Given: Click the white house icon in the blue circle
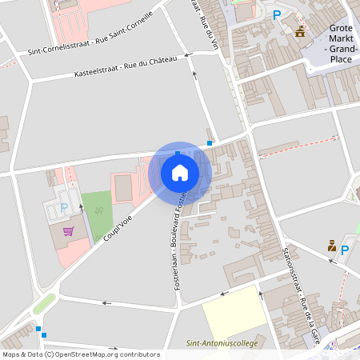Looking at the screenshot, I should coord(180,172).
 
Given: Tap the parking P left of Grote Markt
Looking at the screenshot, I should coord(277,14).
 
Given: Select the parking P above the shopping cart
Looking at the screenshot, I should coord(64,208).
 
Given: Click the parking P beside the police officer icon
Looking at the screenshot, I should coord(345,250).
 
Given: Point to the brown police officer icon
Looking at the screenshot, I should coord(331,246).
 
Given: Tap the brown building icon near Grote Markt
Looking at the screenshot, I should coord(300,31).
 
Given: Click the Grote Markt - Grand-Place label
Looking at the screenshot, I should coord(341,43).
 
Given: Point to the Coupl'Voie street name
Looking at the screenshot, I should coord(117,230).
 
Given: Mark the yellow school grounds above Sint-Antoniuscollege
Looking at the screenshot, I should coord(234,317).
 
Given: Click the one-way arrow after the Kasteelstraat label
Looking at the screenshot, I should coord(189,55).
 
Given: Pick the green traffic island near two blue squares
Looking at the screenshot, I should coord(45,303).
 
